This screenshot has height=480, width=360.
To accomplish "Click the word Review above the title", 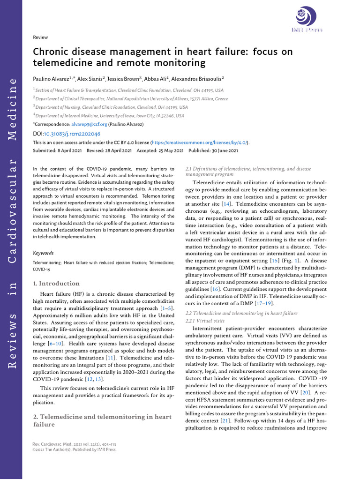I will point(40,37).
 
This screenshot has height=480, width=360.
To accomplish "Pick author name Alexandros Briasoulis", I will point(197,79).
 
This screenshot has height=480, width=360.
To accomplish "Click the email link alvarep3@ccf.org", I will point(89,124).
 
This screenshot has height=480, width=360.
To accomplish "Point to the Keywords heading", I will point(43,253).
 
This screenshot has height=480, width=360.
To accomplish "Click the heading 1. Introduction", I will point(56,284).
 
